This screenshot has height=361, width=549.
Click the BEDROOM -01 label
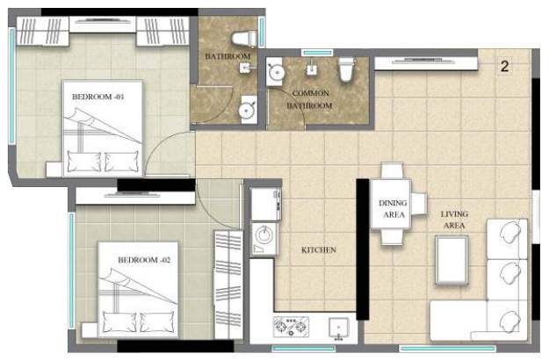(x=98, y=97)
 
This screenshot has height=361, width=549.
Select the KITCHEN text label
(x=319, y=250)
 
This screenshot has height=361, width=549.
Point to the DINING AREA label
(x=393, y=208)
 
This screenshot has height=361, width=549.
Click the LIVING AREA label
(x=454, y=220)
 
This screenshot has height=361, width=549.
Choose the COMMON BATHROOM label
(x=311, y=98)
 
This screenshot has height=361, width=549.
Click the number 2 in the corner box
(x=505, y=66)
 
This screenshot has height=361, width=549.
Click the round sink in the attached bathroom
(x=247, y=111)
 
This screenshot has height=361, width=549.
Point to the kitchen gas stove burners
(x=290, y=327)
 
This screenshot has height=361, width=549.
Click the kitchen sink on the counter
(x=338, y=328)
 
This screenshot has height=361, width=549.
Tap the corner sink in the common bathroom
(x=275, y=70)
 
